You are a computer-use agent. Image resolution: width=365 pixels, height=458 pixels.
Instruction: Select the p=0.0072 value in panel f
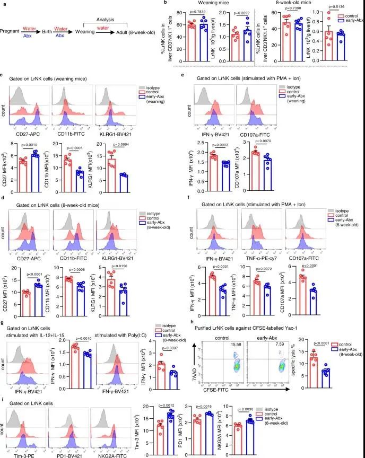coord(259,269)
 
